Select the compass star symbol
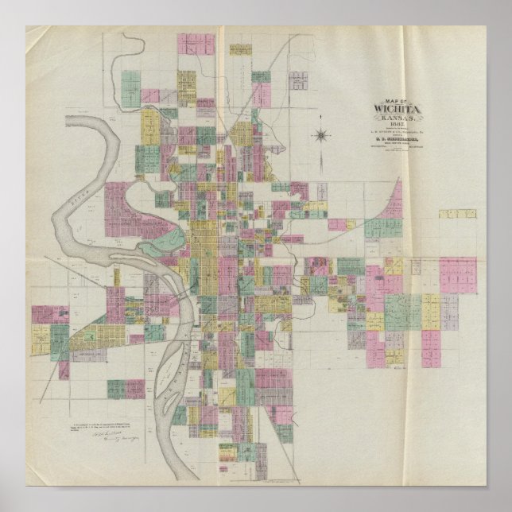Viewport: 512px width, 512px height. click(x=320, y=136)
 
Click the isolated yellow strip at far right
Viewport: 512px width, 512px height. click(x=457, y=214)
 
